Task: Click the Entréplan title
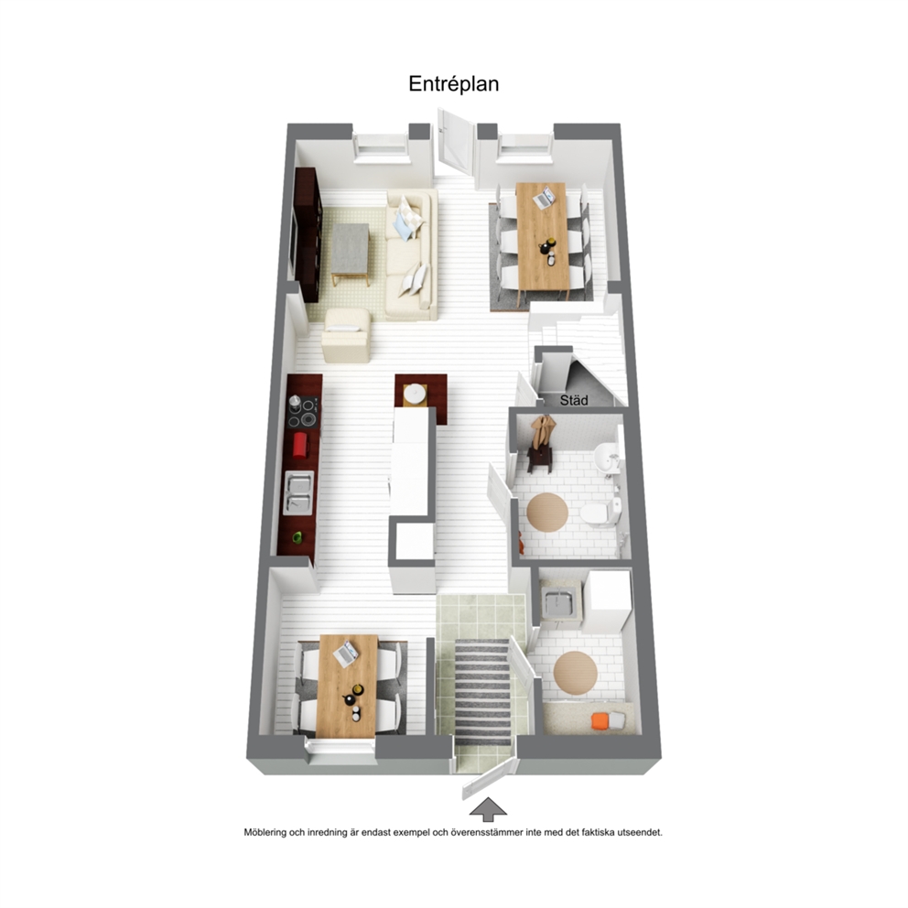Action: pos(453,84)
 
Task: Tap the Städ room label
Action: pos(574,400)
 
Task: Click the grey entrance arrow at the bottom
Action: pos(488,809)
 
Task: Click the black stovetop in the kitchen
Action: pos(303,412)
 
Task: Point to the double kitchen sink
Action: pos(298,492)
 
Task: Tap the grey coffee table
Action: pos(351,254)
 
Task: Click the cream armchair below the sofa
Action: pos(347,336)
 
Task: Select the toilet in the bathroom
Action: pos(600,513)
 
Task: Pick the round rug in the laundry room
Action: pos(575,673)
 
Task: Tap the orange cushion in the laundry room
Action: pos(600,721)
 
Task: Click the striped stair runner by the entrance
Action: pos(482,692)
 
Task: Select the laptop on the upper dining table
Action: pos(544,198)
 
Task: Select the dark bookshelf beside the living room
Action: pos(307,234)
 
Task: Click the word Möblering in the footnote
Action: pos(264,833)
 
